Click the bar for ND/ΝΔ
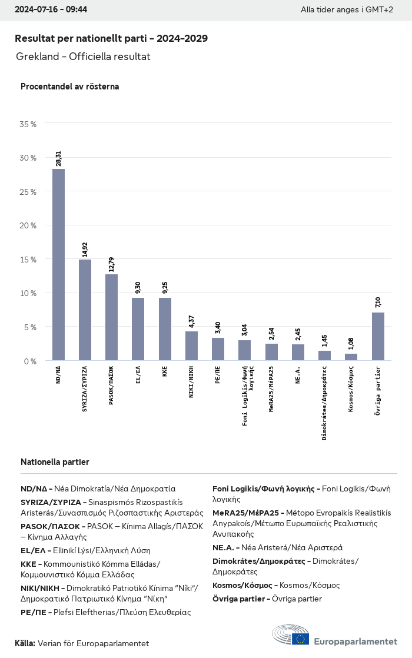tap(58, 265)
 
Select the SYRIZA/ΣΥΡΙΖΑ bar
tap(85, 310)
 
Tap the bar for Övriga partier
tap(378, 337)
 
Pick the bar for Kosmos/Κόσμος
tap(351, 357)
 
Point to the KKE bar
tap(165, 329)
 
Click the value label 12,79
tap(112, 264)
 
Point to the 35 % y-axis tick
tap(28, 124)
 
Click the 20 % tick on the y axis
tap(28, 225)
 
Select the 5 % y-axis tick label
tap(30, 327)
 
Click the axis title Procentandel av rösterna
tap(70, 87)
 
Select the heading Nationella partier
tap(55, 462)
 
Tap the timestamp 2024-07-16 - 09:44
tap(51, 9)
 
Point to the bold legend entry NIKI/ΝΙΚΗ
tap(42, 588)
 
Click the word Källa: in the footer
tap(25, 643)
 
